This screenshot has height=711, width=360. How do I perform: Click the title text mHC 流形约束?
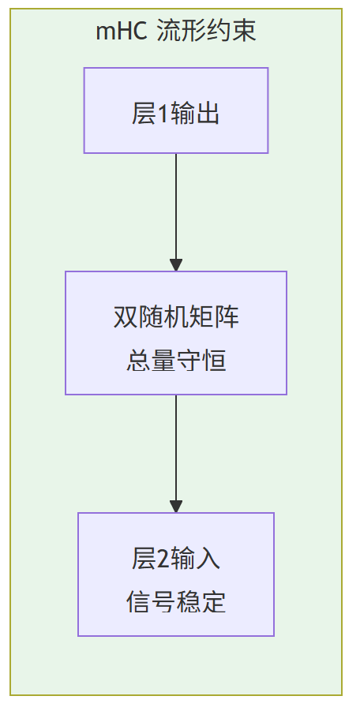[175, 32]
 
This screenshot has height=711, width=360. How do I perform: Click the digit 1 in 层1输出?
[164, 115]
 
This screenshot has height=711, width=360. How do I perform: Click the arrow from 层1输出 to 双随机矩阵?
[175, 205]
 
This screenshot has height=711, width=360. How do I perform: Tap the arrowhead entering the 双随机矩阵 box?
[175, 264]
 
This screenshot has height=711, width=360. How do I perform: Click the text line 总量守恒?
[175, 361]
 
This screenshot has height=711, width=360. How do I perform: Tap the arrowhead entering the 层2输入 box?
[175, 506]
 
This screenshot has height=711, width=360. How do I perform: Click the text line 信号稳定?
[175, 602]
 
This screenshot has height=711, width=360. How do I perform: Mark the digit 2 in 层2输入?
[164, 559]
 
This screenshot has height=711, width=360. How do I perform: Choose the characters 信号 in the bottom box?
[151, 602]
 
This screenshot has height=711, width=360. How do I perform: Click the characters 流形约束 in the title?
[206, 32]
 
